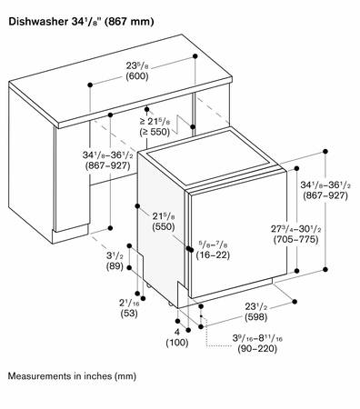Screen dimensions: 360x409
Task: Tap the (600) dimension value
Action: [x=137, y=76]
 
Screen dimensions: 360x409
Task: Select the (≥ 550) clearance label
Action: [x=155, y=132]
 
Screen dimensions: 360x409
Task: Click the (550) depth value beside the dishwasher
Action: [x=164, y=226]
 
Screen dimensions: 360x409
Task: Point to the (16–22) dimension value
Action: [x=213, y=255]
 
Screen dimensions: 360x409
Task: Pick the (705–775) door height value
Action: [x=295, y=240]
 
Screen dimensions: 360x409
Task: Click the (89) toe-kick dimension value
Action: [x=115, y=266]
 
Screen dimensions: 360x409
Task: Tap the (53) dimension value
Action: [x=129, y=313]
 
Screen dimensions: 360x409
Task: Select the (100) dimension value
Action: [x=177, y=343]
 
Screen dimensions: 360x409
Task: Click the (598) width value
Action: [x=256, y=317]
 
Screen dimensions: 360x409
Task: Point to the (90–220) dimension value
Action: [x=257, y=349]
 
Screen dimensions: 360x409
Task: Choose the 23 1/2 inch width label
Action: [x=256, y=307]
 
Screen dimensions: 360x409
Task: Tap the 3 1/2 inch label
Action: [x=115, y=256]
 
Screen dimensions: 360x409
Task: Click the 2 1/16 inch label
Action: [x=129, y=303]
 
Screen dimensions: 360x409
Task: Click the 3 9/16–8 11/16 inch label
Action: [x=257, y=338]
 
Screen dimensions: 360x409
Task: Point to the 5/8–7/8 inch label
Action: [x=213, y=244]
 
